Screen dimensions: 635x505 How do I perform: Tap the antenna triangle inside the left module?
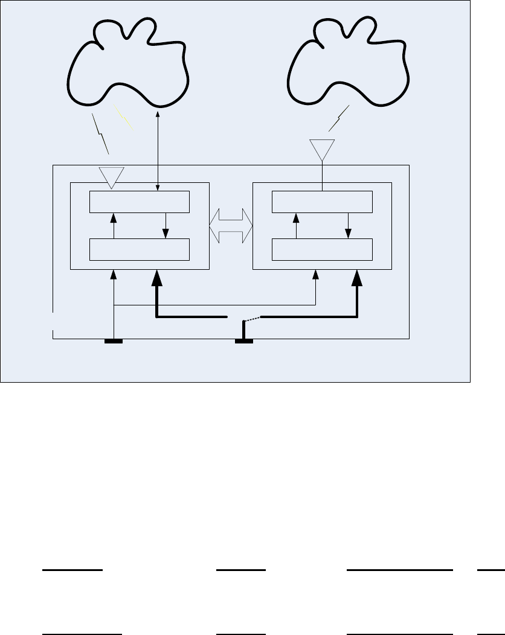(x=111, y=176)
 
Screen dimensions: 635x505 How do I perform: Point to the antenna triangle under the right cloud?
(x=322, y=148)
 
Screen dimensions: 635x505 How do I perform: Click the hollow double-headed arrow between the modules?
(x=231, y=226)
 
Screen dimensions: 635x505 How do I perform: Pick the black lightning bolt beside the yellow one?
(x=102, y=135)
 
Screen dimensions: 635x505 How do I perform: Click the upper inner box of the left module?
(x=140, y=202)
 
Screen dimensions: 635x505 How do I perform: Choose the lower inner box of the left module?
(x=140, y=249)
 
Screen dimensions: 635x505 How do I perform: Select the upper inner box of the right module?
(x=322, y=202)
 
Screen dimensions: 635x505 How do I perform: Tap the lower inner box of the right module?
(x=322, y=249)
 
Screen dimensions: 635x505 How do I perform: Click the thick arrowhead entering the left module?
(x=156, y=278)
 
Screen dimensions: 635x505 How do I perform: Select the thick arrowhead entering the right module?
(x=357, y=278)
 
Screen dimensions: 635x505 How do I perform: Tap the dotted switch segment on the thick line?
(x=250, y=319)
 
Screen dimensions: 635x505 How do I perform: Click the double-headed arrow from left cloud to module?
(x=158, y=152)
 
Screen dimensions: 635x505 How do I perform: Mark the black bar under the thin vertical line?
(x=114, y=342)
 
